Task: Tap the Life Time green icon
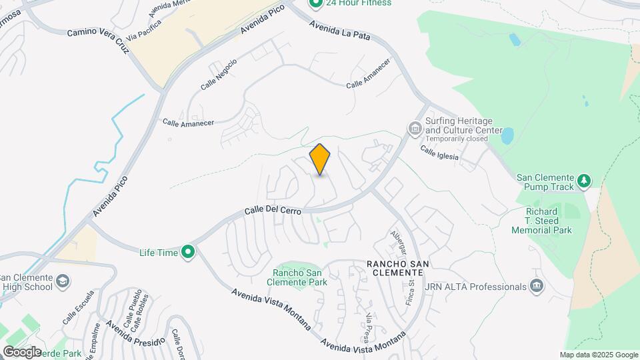click(x=189, y=252)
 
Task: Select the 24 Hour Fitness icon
click(x=315, y=3)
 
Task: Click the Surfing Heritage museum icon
click(x=414, y=127)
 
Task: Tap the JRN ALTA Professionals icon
click(x=537, y=287)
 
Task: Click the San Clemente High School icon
click(x=62, y=282)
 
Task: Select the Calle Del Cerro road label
click(x=273, y=210)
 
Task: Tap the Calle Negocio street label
click(x=219, y=75)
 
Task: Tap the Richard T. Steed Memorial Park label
click(x=541, y=221)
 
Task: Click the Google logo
click(x=22, y=351)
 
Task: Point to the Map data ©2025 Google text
click(x=599, y=355)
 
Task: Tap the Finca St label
click(x=411, y=294)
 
